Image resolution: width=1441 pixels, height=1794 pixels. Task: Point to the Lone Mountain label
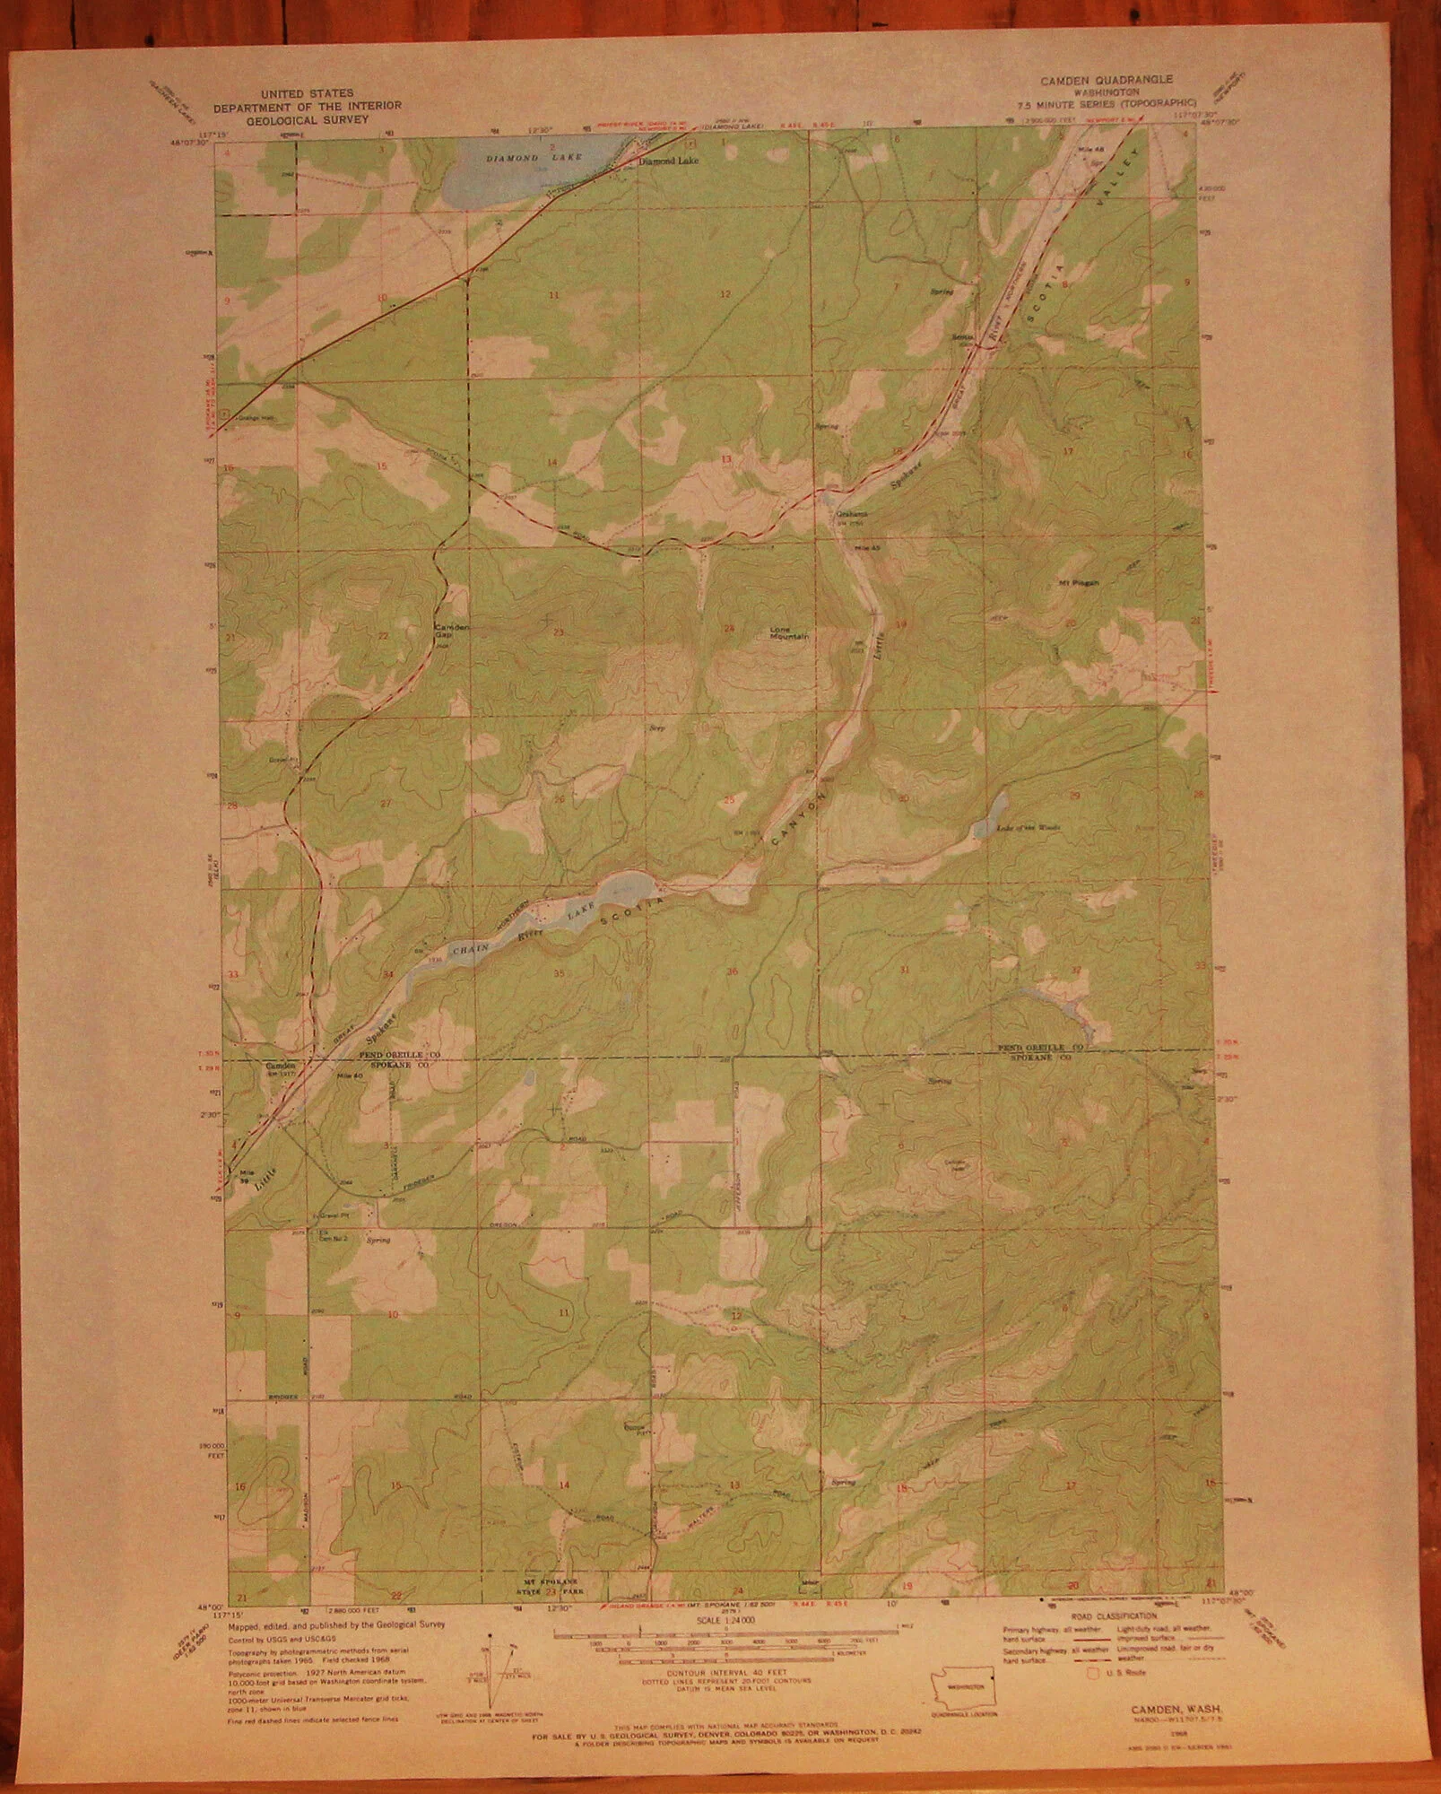[x=789, y=632]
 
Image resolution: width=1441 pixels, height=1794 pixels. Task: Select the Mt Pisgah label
[x=1079, y=581]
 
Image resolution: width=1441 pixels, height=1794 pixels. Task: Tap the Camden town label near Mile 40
[x=279, y=1067]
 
